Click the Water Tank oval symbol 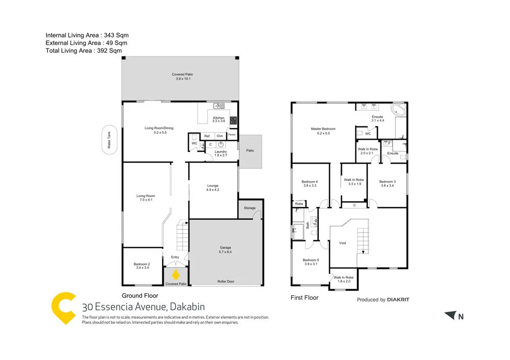pos(109,139)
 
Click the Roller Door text pos(225,281)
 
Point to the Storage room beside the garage pos(249,209)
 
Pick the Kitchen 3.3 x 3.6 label pos(218,119)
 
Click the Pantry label pos(232,135)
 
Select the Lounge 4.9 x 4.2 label pos(213,188)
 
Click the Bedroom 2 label pos(141,266)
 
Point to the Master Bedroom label pos(323,131)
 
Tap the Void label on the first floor pos(342,243)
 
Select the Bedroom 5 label pos(310,262)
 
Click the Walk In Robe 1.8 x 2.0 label pos(343,279)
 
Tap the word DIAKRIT pos(398,300)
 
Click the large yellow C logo pos(64,308)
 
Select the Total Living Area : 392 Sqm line pos(84,50)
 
